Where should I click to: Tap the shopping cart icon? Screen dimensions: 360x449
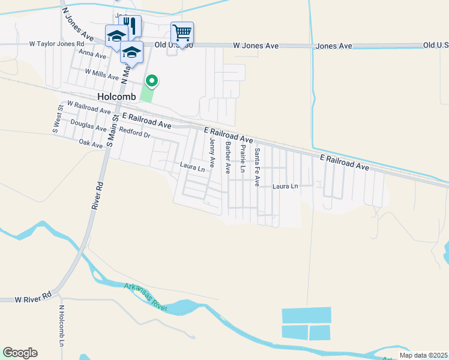[182, 31]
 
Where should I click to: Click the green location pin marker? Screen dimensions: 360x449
[152, 80]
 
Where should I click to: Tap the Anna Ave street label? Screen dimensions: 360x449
[92, 56]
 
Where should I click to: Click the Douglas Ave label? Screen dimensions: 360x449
[88, 123]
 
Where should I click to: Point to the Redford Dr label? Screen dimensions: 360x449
[134, 131]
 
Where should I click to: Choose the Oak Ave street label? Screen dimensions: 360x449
[91, 143]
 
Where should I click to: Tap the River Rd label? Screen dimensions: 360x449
[98, 195]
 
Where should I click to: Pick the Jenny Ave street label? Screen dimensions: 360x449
[212, 153]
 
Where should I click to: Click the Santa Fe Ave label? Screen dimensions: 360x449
[257, 167]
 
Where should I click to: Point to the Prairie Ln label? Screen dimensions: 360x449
[243, 159]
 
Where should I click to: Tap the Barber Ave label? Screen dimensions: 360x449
[228, 158]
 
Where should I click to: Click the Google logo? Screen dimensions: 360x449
[20, 353]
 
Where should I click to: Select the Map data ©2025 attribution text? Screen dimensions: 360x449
[423, 355]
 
